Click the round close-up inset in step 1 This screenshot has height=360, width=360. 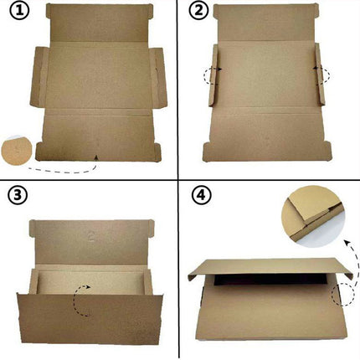(x=18, y=150)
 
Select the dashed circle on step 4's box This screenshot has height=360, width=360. (x=342, y=293)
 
